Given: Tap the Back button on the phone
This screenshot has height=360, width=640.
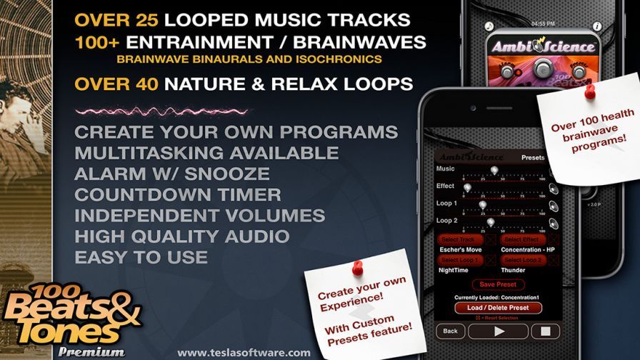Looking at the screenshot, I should coord(450,331).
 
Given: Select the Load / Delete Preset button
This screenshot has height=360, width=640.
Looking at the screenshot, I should coord(499,308).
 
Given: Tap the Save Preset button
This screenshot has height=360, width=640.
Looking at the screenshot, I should coord(498,284).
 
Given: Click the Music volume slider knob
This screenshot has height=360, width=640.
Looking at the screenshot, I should coord(493,169).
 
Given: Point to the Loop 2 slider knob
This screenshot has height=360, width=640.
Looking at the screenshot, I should coord(490,222).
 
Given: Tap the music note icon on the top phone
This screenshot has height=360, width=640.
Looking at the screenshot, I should coord(490,26).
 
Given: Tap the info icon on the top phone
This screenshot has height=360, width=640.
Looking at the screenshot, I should coord(598,26).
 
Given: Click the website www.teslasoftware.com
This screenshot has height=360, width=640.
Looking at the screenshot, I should coord(244,352).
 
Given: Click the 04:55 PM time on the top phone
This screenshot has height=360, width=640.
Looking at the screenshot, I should coord(543,23).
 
